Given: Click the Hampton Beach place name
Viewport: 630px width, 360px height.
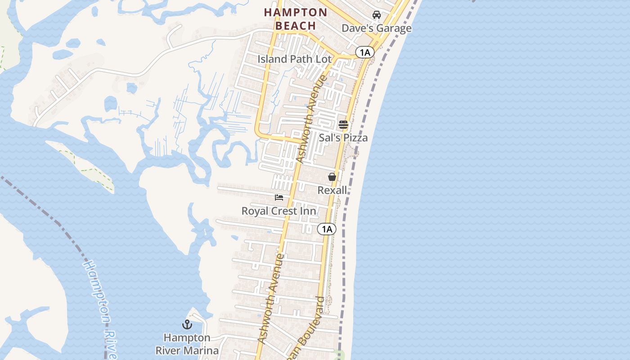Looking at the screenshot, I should click(x=296, y=19).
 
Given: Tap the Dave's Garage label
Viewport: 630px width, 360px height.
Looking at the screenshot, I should click(x=376, y=28).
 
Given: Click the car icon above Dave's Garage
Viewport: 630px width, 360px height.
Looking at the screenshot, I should click(x=377, y=15).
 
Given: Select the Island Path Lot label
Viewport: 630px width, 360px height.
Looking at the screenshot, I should click(x=294, y=59).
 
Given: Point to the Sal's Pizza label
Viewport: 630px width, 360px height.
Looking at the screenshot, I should click(x=343, y=138).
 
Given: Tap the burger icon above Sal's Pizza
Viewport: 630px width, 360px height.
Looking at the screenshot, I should click(x=343, y=125).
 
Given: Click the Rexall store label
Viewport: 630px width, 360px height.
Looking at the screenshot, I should click(x=332, y=190).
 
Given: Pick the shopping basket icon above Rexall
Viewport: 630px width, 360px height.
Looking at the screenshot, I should click(x=332, y=177).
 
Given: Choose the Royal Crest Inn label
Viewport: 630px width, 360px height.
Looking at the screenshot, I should click(x=279, y=211).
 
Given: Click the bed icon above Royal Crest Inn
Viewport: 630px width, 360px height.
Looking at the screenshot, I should click(x=279, y=197).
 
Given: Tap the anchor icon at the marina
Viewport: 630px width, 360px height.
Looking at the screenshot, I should click(x=187, y=324).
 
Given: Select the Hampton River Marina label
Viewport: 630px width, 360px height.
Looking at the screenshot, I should click(x=187, y=344).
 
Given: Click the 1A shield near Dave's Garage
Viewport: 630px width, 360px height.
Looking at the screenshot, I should click(x=364, y=52).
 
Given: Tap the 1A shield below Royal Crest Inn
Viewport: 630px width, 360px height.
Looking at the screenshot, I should click(x=327, y=229).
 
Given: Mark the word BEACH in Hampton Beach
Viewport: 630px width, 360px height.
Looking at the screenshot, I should click(x=296, y=26).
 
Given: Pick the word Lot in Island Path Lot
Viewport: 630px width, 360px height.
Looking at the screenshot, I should click(x=323, y=59).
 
